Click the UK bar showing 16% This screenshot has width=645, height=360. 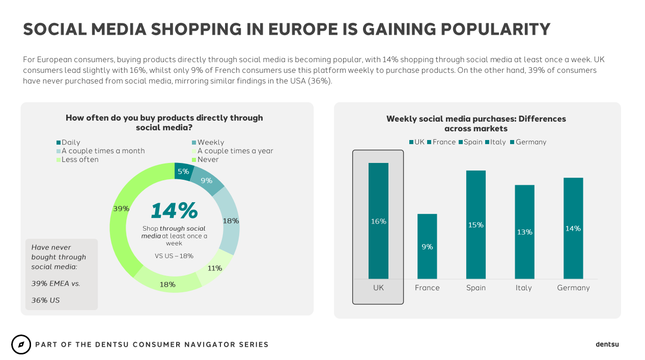pyautogui.click(x=378, y=221)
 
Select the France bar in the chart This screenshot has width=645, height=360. pyautogui.click(x=427, y=246)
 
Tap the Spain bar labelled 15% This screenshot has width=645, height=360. pyautogui.click(x=475, y=225)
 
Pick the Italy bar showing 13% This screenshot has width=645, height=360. pyautogui.click(x=524, y=232)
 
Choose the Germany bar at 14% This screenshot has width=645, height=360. pyautogui.click(x=573, y=228)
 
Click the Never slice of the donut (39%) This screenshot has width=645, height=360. pyautogui.click(x=120, y=209)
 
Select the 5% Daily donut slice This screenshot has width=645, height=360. pyautogui.click(x=182, y=172)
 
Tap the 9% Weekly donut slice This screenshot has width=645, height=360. pyautogui.click(x=207, y=181)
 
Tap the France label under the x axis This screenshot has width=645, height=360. pyautogui.click(x=427, y=288)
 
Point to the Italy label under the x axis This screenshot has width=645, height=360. pyautogui.click(x=523, y=288)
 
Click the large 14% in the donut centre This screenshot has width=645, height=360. pyautogui.click(x=174, y=211)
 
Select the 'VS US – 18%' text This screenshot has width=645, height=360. pyautogui.click(x=174, y=256)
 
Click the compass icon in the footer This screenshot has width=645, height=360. pyautogui.click(x=21, y=345)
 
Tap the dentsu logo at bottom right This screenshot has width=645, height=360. pyautogui.click(x=607, y=344)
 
